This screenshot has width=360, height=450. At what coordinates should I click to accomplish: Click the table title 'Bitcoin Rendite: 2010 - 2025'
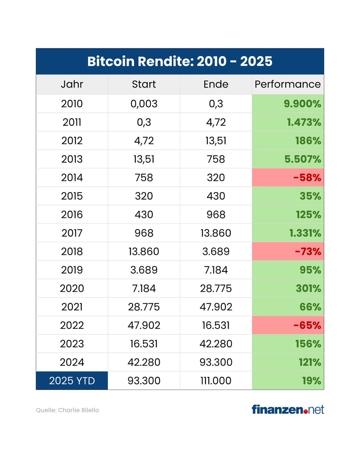point(180,61)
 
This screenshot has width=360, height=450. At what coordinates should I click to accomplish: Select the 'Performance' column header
point(288,84)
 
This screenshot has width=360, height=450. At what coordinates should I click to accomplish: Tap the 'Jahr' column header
point(72,84)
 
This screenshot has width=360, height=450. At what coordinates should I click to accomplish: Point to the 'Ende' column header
point(216,84)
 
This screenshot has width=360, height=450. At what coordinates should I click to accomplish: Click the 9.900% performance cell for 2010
point(288,104)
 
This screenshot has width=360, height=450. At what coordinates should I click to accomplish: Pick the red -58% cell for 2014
point(288,178)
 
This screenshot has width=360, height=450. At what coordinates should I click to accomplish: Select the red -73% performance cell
point(288,252)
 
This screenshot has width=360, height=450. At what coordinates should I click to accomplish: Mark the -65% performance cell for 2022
point(288,325)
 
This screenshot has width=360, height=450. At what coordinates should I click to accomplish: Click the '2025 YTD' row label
point(72,381)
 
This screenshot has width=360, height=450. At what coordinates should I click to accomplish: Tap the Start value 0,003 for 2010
point(144,104)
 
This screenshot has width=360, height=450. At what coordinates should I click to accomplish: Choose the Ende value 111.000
point(216,381)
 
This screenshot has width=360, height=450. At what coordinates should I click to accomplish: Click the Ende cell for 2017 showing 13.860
point(216,233)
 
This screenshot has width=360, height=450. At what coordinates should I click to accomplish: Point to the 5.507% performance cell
point(288,159)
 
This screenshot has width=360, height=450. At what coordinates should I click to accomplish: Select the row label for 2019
point(72,270)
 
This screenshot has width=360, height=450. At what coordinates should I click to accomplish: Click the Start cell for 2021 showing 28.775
point(144,307)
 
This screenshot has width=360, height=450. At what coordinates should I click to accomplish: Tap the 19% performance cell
point(288,381)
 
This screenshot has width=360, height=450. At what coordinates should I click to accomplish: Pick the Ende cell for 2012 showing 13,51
point(216,141)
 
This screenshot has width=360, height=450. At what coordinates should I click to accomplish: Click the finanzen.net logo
point(288,409)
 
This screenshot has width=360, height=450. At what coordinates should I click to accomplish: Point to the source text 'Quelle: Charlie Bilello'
point(67,410)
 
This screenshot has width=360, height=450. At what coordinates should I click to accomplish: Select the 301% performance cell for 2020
point(288,289)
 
